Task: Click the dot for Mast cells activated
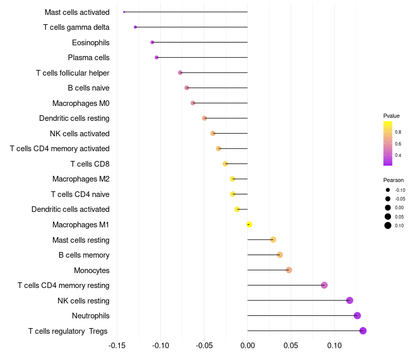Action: pyautogui.click(x=124, y=12)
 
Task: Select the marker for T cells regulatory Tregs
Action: pyautogui.click(x=363, y=331)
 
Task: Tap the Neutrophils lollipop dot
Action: pyautogui.click(x=357, y=316)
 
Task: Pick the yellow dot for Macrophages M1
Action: pyautogui.click(x=249, y=225)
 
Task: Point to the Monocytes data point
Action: pyautogui.click(x=289, y=270)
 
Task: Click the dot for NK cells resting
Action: pyautogui.click(x=349, y=300)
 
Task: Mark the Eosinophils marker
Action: pyautogui.click(x=152, y=42)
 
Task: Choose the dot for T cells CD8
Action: pyautogui.click(x=225, y=164)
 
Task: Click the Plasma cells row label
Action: pyautogui.click(x=88, y=58)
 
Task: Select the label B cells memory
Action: pyautogui.click(x=84, y=255)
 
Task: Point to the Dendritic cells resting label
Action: pyautogui.click(x=74, y=118)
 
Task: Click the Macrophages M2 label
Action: pyautogui.click(x=81, y=179)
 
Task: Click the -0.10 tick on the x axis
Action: pyautogui.click(x=160, y=345)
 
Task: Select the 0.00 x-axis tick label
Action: pyautogui.click(x=248, y=345)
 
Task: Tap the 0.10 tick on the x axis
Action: pyautogui.click(x=334, y=345)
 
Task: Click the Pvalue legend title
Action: pyautogui.click(x=391, y=116)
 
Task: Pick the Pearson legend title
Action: pyautogui.click(x=394, y=180)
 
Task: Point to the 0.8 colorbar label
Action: pyautogui.click(x=398, y=132)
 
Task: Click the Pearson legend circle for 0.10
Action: pyautogui.click(x=388, y=225)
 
